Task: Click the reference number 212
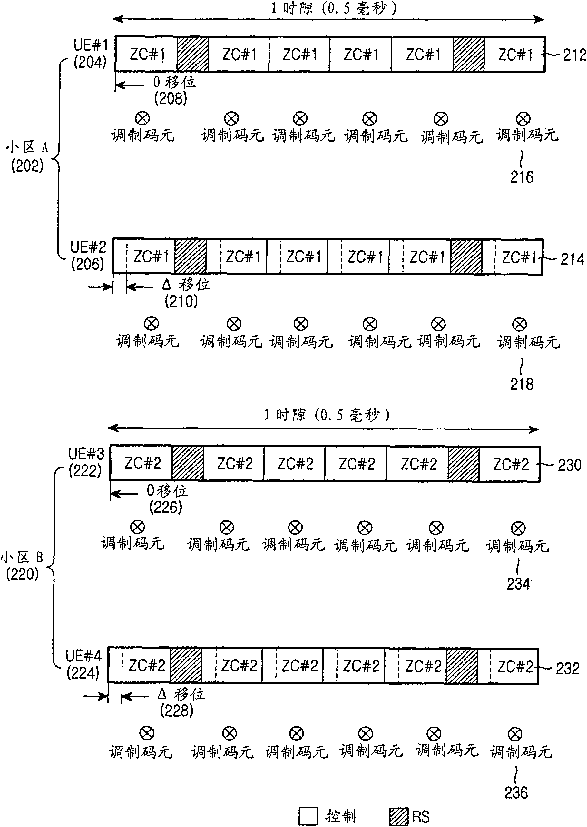coord(574,55)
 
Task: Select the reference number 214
coord(572,259)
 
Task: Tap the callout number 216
coord(522,177)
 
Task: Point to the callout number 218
coord(522,384)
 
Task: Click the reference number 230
coord(569,465)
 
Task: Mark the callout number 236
coord(516,792)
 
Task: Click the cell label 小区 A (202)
coord(27,156)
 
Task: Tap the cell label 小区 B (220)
coord(23,565)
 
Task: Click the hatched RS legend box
coord(399,816)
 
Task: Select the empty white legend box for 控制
coord(308,816)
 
